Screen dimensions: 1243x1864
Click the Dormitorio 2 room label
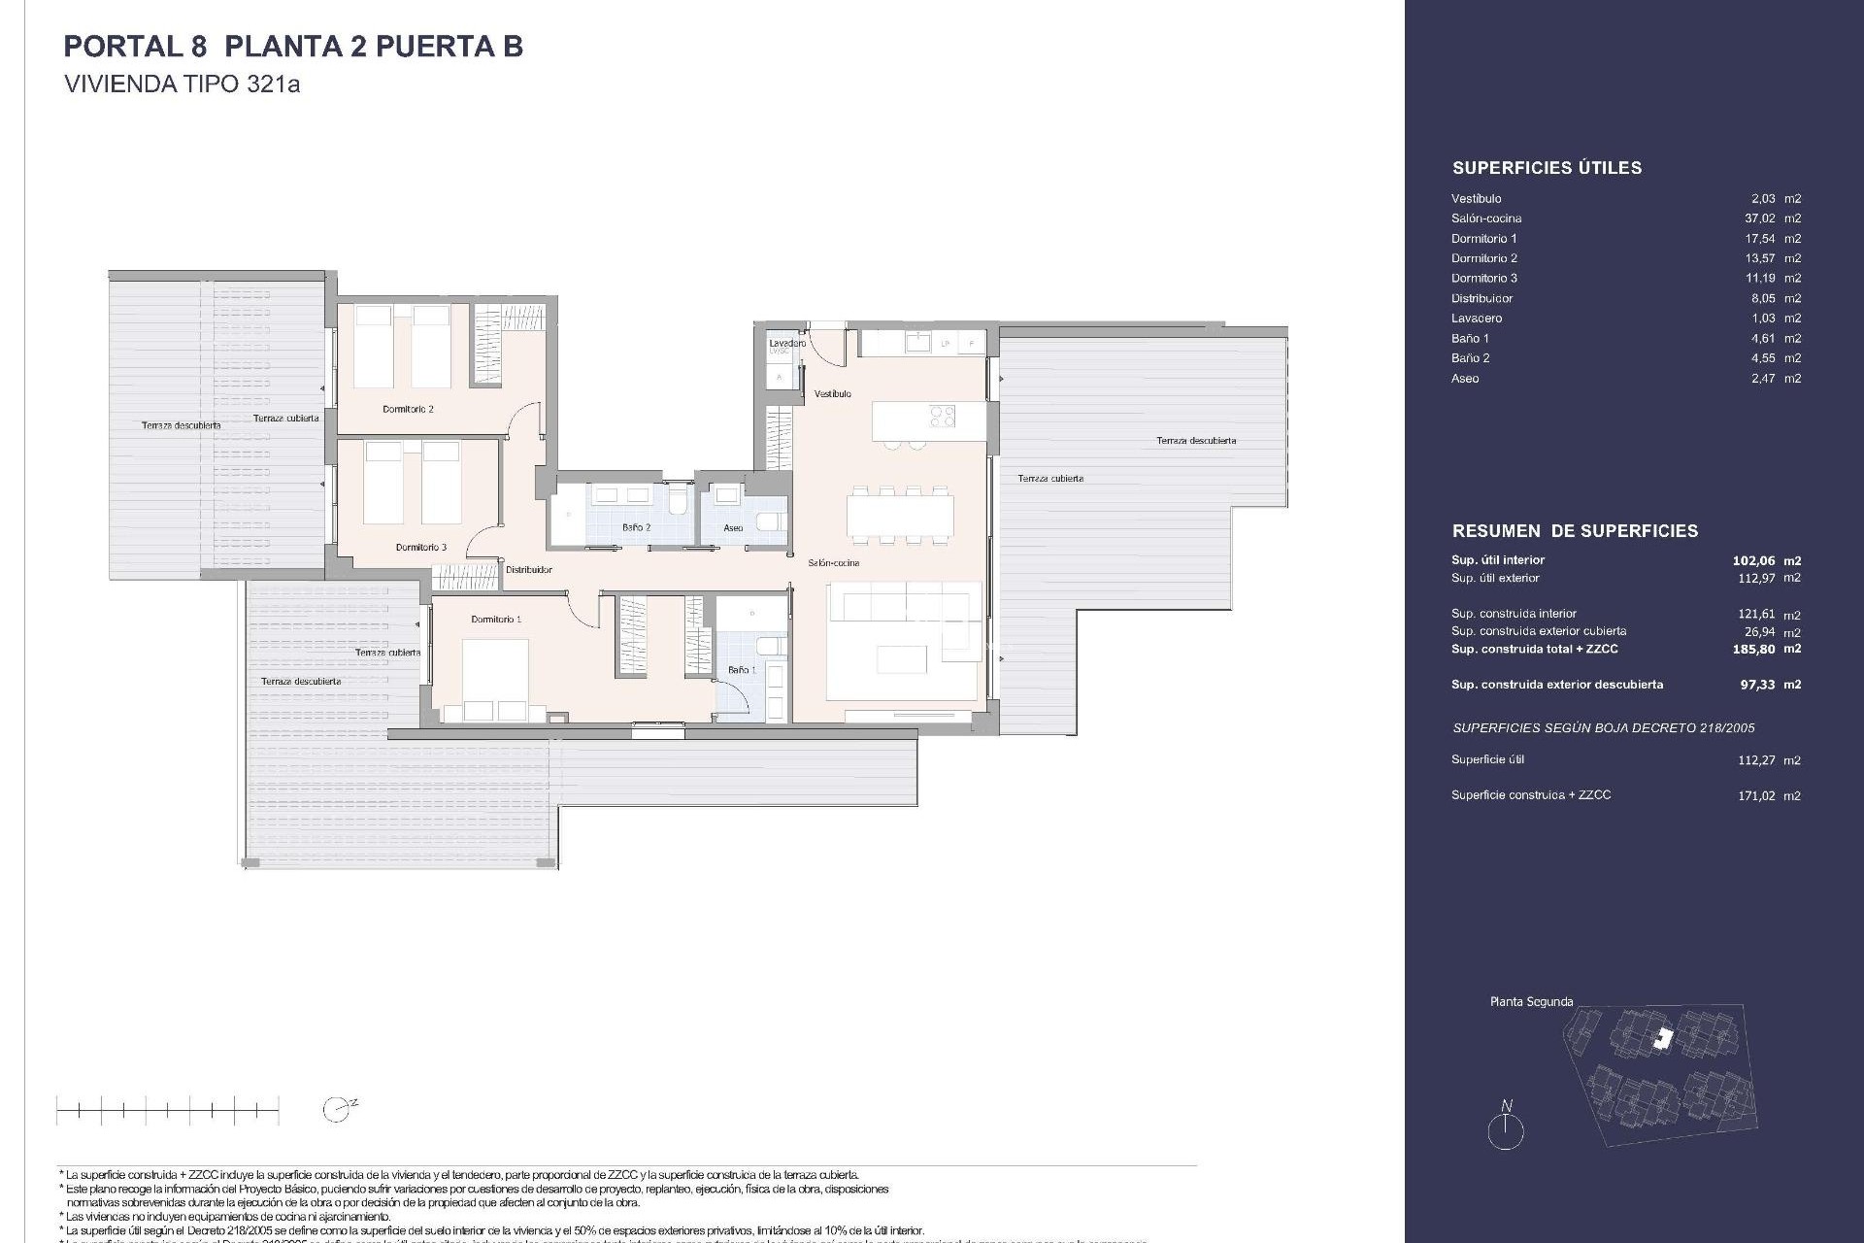tap(408, 409)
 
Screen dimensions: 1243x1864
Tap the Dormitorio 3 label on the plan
tap(420, 548)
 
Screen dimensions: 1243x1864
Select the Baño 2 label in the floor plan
tap(636, 527)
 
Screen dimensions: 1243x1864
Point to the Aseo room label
tap(733, 528)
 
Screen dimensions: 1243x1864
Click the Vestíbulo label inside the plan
tap(832, 393)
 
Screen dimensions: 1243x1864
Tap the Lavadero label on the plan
tap(786, 344)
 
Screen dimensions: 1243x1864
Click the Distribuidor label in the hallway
tap(528, 570)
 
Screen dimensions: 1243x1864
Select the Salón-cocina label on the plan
tap(833, 563)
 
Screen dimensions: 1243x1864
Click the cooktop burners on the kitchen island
tap(943, 417)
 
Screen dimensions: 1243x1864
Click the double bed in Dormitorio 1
tap(494, 680)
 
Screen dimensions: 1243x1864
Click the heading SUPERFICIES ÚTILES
tap(1547, 168)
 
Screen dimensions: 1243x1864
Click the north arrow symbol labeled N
tap(1506, 1129)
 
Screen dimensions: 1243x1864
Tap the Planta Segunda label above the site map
tap(1531, 1002)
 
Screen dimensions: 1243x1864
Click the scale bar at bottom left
tap(167, 1109)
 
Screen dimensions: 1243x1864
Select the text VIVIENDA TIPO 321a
tap(182, 84)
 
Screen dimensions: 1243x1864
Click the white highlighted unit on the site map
tap(1664, 1039)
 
